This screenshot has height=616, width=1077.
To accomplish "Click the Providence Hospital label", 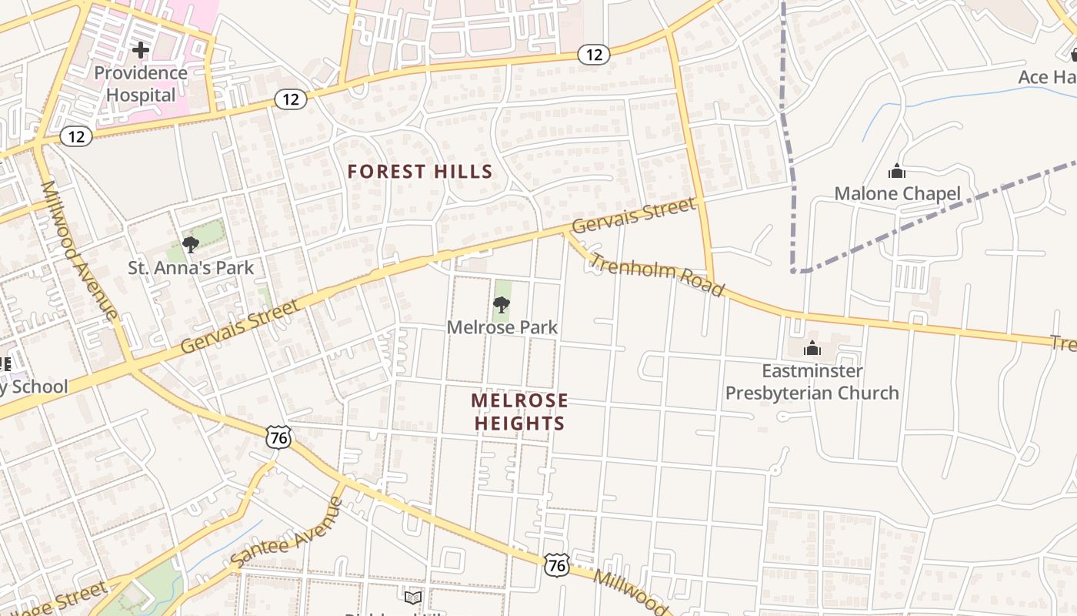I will pyautogui.click(x=141, y=84).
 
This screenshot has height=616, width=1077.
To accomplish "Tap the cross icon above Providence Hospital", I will pyautogui.click(x=140, y=51).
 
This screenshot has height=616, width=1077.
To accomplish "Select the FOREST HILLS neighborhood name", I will pyautogui.click(x=419, y=171).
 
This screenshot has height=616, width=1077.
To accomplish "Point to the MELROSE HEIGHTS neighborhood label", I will pyautogui.click(x=519, y=412).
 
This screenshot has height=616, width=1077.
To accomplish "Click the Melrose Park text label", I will pyautogui.click(x=502, y=327).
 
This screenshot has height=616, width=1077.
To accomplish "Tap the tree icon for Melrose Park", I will pyautogui.click(x=502, y=305).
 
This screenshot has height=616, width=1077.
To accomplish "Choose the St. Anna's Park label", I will pyautogui.click(x=191, y=268).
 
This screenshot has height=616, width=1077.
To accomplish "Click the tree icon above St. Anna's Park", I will pyautogui.click(x=191, y=245).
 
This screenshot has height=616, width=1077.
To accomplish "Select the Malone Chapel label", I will pyautogui.click(x=897, y=193).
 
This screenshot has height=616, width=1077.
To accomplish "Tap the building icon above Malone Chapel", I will pyautogui.click(x=896, y=171).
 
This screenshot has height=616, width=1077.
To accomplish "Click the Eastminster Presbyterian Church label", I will pyautogui.click(x=812, y=382).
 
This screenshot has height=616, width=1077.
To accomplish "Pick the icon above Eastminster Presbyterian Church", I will pyautogui.click(x=812, y=349).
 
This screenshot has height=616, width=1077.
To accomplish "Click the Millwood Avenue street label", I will pyautogui.click(x=79, y=249).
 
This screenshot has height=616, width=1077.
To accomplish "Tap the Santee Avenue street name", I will pyautogui.click(x=287, y=532).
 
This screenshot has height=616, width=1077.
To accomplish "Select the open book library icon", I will pyautogui.click(x=413, y=598).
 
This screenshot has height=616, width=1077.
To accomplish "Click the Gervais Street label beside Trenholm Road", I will pyautogui.click(x=634, y=216).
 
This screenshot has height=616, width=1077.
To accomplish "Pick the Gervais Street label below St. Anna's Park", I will pyautogui.click(x=239, y=327).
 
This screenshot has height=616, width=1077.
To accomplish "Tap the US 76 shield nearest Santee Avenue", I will pyautogui.click(x=278, y=437).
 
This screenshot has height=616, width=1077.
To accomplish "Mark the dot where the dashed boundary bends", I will pyautogui.click(x=793, y=271).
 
